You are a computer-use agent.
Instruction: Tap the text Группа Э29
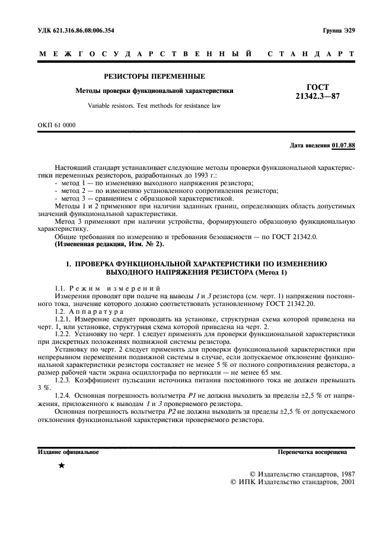click(x=338, y=30)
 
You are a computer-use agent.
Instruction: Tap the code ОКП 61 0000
click(x=57, y=125)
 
